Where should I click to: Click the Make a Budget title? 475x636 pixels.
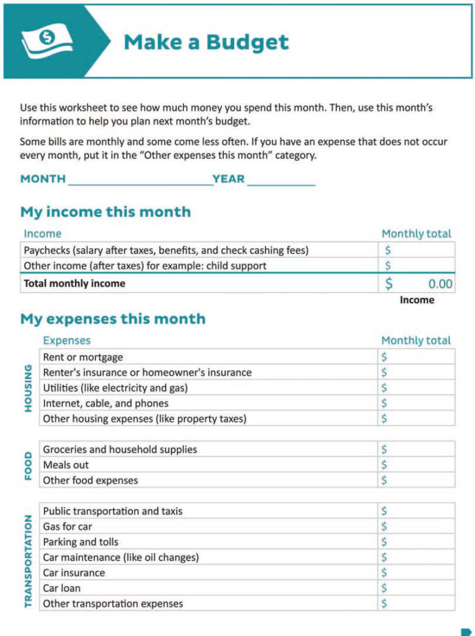coord(206,42)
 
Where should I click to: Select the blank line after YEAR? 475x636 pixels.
coord(280,180)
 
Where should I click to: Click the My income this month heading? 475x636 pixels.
coord(105,212)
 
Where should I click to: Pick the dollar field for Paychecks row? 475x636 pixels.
coord(416,250)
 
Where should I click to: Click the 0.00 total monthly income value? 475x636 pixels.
coord(440,284)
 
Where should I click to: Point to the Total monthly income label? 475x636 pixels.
coord(74,284)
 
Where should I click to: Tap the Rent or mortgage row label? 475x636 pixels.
coord(83,357)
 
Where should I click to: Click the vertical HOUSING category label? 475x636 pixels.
coord(28,388)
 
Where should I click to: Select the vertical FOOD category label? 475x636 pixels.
coord(28,465)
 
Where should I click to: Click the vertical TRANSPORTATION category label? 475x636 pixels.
coord(28,561)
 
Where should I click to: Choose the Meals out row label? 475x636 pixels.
coord(66,465)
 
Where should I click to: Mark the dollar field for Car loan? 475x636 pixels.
coord(416,588)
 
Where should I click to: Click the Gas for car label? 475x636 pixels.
coord(67,527)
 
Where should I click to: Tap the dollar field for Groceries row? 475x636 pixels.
coord(416,449)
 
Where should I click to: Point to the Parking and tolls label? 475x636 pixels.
coord(79,542)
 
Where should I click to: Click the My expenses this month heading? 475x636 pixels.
coord(113,319)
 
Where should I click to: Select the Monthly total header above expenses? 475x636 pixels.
coord(416,340)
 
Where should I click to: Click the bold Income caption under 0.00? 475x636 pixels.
coord(417,300)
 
